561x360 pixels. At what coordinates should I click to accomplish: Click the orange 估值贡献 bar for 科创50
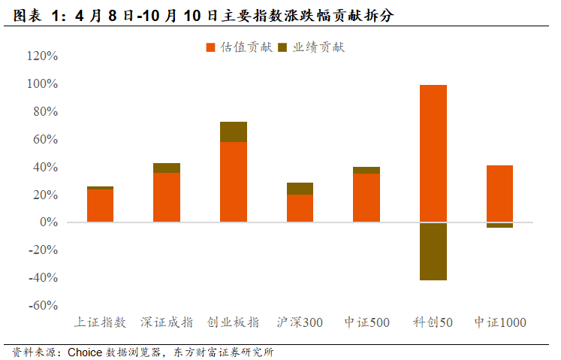[433, 153]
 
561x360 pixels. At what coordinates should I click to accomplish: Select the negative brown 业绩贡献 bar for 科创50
[433, 251]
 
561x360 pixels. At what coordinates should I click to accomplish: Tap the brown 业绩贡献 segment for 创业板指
[234, 132]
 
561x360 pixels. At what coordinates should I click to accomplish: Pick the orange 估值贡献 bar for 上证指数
[101, 205]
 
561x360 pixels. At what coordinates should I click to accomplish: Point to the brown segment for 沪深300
[300, 189]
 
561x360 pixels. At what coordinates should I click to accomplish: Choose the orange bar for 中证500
[366, 198]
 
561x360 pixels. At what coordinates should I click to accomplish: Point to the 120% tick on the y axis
[42, 56]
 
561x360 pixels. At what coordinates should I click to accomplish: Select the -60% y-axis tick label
[42, 306]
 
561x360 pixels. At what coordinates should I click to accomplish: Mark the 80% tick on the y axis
[44, 112]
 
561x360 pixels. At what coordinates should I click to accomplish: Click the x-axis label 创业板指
[234, 322]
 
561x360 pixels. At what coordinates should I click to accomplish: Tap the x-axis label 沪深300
[300, 322]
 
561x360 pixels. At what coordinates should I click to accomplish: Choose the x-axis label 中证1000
[499, 322]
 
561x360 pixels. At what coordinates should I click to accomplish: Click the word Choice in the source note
[86, 352]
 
